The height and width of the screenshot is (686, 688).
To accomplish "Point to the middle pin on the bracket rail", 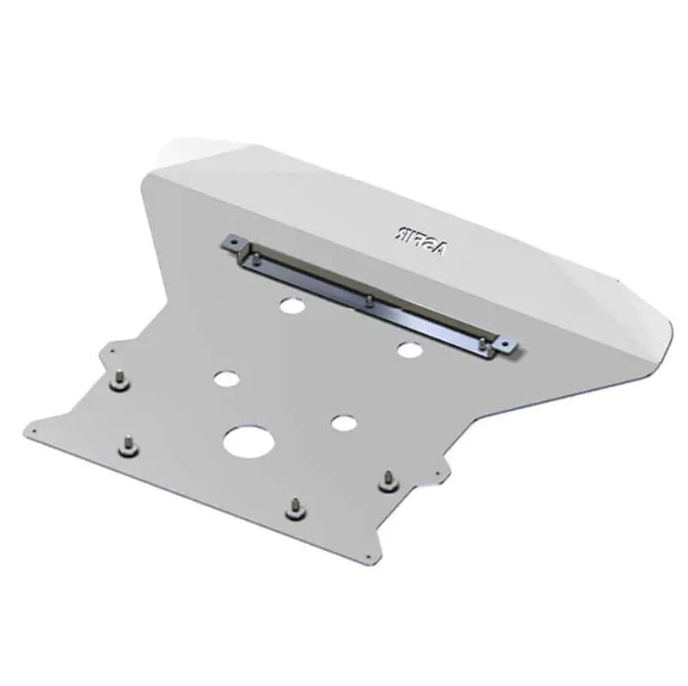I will pos(368,300).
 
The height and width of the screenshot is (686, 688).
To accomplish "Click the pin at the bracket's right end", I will pos(483,344).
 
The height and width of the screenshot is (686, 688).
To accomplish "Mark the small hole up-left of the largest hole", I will pos(226,378).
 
